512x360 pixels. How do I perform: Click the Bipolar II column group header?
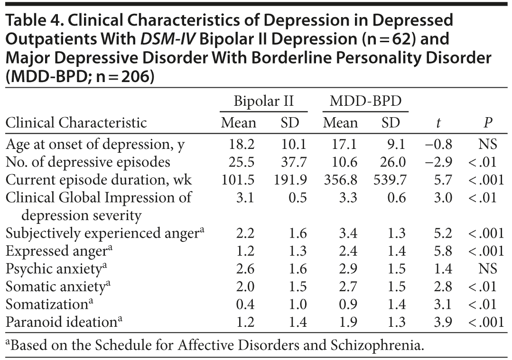[x=264, y=101]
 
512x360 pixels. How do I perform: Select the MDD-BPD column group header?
[x=365, y=101]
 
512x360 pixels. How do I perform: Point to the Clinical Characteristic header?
[x=76, y=123]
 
